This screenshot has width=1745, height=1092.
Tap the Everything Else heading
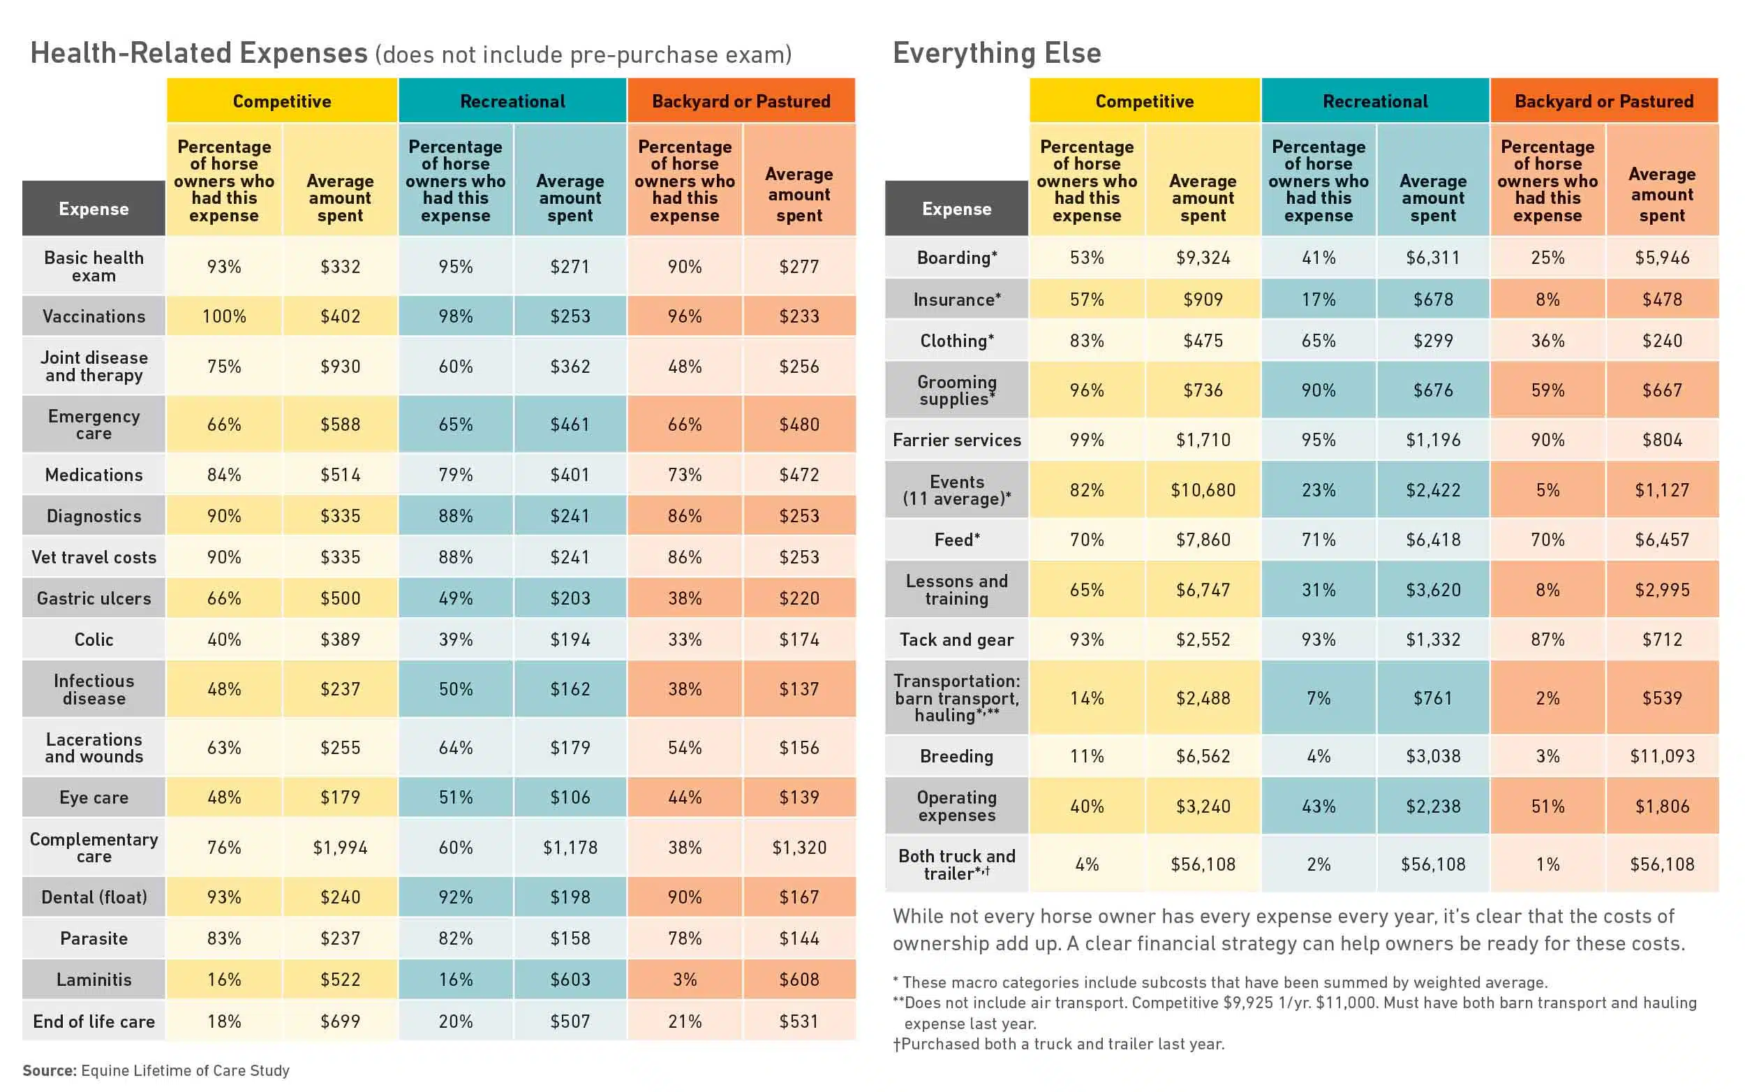997,54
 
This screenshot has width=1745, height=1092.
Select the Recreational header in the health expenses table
512,101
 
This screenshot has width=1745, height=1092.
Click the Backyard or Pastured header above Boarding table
1604,101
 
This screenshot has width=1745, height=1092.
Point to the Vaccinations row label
94,316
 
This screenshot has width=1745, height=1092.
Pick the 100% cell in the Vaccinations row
224,316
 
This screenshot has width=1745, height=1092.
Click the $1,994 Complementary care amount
340,847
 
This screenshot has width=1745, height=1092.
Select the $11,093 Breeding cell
1662,756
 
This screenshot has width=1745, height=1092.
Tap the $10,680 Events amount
1203,490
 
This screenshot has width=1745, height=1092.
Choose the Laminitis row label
94,980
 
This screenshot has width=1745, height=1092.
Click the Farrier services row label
957,440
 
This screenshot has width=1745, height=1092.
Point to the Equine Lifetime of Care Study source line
156,1070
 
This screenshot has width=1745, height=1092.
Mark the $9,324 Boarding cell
1203,258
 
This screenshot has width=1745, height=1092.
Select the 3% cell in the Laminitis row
685,980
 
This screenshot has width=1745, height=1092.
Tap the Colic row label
94,640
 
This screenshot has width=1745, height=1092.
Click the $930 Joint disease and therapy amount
340,367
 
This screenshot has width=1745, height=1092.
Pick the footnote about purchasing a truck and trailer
1058,1044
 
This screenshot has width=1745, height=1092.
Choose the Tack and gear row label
957,640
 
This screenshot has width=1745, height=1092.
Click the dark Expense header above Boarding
957,209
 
